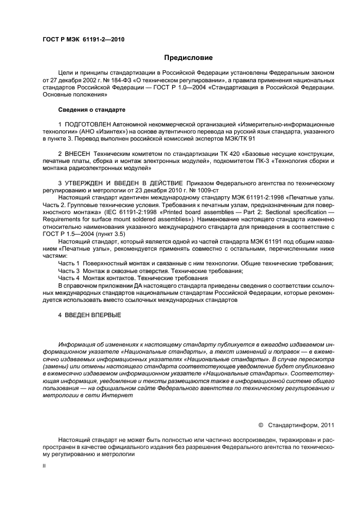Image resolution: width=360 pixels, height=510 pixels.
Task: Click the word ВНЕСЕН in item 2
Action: (x=79, y=154)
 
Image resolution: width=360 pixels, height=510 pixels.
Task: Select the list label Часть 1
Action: (x=69, y=263)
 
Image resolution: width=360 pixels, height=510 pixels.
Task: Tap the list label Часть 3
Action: (x=69, y=271)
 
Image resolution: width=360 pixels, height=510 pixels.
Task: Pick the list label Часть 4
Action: (x=69, y=278)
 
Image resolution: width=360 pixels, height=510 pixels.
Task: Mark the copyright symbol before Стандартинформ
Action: (x=260, y=425)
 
